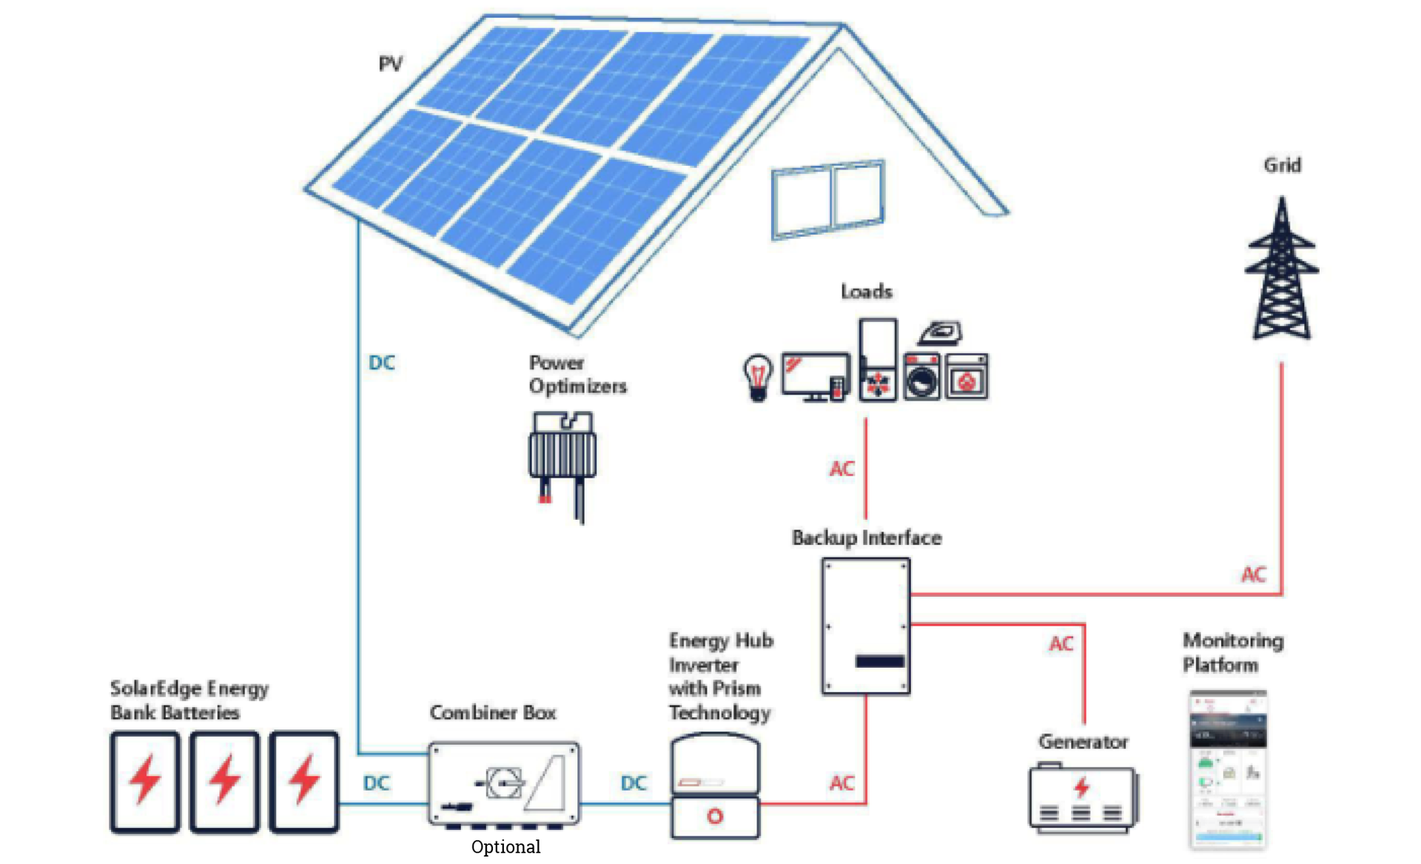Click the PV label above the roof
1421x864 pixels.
(390, 64)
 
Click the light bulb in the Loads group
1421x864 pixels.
(757, 377)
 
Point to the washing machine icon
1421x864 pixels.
(921, 378)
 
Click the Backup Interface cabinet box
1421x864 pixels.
(865, 626)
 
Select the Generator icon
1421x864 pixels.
(1083, 800)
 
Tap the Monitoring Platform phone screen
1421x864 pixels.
(1228, 770)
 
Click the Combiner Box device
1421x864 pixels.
(504, 784)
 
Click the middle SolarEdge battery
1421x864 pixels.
(224, 782)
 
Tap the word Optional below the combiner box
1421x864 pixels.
(505, 846)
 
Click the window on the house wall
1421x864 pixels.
(827, 200)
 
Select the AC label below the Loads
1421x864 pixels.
(841, 469)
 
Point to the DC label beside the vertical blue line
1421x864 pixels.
(382, 363)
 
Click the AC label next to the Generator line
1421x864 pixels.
(1061, 644)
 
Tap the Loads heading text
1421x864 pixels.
(866, 292)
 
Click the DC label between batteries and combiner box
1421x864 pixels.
(376, 783)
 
